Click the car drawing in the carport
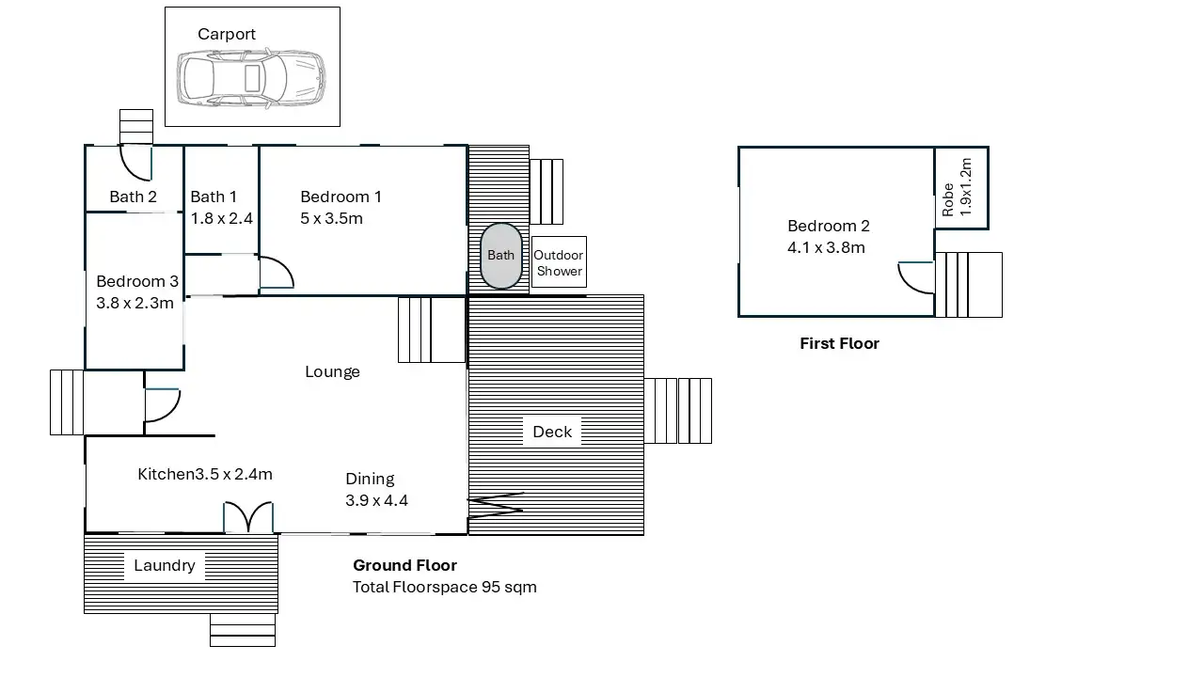(251, 78)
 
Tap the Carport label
(227, 35)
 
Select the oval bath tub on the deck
(501, 256)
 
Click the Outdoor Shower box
(559, 262)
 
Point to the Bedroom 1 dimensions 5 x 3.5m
(331, 219)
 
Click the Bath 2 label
(133, 197)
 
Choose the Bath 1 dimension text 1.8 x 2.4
(221, 219)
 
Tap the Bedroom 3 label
(137, 281)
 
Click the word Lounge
(332, 371)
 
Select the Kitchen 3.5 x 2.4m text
(205, 474)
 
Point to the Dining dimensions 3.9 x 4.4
(376, 501)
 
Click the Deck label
(552, 432)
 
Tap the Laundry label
(164, 565)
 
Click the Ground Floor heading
(404, 565)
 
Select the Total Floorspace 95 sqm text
(445, 587)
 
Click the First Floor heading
(839, 343)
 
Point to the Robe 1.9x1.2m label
(958, 187)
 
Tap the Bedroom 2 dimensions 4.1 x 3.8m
(826, 247)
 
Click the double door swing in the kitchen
(248, 517)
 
